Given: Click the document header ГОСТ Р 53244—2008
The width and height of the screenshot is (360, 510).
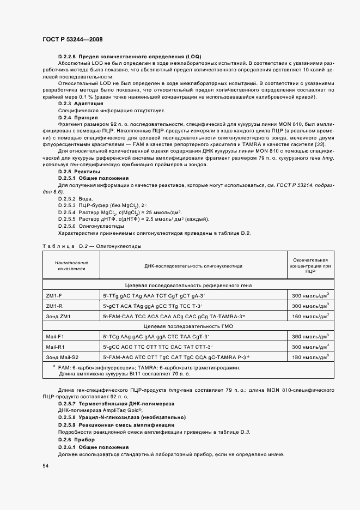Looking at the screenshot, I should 72,39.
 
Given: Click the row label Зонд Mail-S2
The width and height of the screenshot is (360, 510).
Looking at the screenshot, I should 63,358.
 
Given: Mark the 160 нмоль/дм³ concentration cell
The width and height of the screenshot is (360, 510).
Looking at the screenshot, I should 311,316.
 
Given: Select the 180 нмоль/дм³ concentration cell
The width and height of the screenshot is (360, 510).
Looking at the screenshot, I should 311,358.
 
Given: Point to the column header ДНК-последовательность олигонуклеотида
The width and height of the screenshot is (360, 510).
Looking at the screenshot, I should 193,266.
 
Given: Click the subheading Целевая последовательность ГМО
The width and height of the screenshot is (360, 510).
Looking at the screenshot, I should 166,327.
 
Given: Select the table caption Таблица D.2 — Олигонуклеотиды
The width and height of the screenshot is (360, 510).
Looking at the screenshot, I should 92,246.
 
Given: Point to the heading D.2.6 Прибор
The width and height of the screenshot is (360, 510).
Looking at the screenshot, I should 77,439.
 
